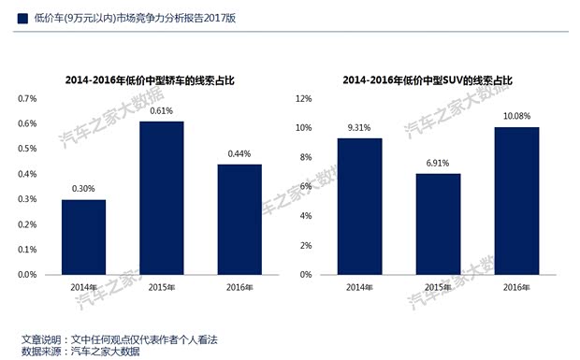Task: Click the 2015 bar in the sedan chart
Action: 162,198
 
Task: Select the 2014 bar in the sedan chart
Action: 83,238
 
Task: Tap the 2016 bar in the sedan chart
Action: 240,220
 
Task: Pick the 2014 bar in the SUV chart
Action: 359,207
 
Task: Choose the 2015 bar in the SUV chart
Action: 438,224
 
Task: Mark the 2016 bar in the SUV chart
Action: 516,201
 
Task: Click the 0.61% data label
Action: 162,110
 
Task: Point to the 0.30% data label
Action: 83,189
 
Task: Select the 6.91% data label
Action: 438,163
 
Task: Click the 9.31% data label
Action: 359,127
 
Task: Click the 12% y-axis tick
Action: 303,98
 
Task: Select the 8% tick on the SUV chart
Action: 305,157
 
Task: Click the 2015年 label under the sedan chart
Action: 162,287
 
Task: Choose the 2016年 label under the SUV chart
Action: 516,287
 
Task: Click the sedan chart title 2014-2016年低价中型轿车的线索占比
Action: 150,80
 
